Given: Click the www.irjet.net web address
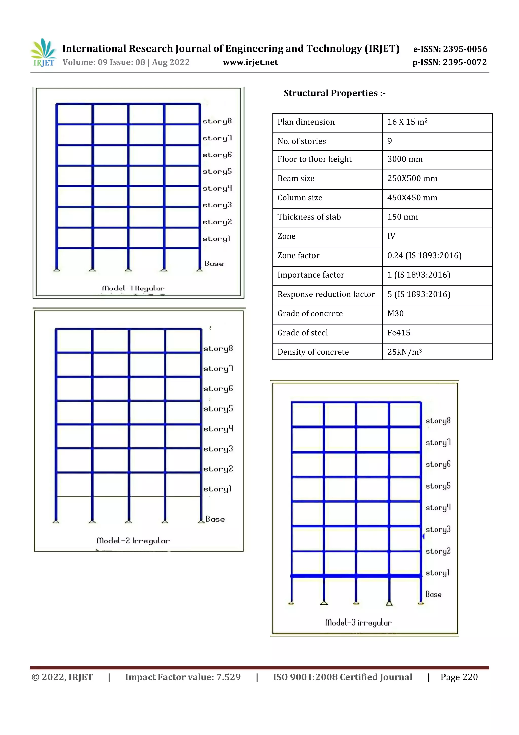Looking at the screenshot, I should [x=250, y=62].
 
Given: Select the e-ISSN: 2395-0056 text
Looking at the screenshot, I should [x=450, y=49].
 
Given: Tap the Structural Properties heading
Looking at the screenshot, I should [x=335, y=93].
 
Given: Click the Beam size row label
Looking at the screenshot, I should [x=296, y=179].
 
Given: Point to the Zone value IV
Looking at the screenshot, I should [x=391, y=236].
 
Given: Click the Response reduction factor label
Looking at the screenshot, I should [x=326, y=294].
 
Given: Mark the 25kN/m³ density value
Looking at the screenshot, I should [x=404, y=352].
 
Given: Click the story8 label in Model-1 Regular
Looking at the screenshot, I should [x=217, y=122].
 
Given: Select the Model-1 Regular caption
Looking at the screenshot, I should [x=133, y=288].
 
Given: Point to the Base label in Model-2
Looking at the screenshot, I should [x=215, y=519].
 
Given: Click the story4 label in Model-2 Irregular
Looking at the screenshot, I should [x=218, y=429].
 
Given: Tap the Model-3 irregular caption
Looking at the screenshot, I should [x=358, y=623].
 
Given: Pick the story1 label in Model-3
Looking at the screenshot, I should [x=437, y=573].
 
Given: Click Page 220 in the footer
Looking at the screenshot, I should [x=459, y=677].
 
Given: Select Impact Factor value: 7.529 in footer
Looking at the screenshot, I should [x=183, y=677].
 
